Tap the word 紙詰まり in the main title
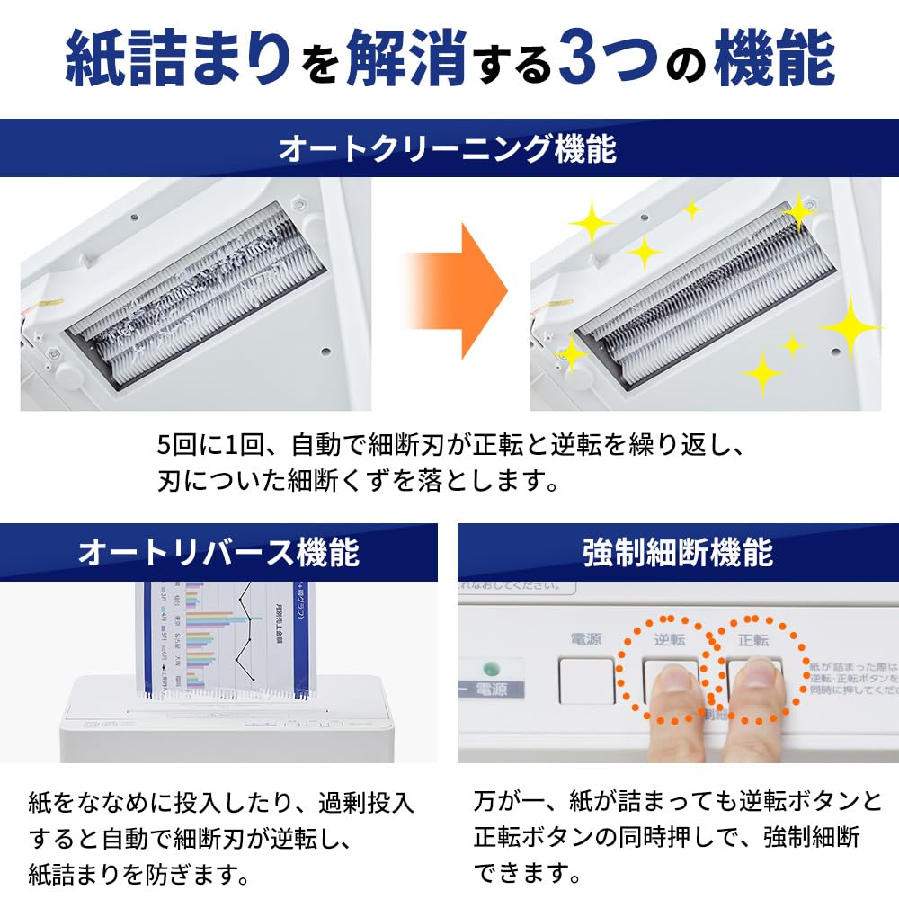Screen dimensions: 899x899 [x=179, y=60]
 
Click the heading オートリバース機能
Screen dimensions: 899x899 [x=218, y=552]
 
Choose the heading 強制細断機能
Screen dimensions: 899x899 [x=678, y=552]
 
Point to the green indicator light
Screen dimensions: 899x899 [x=490, y=670]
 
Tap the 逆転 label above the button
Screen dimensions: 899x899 [x=671, y=640]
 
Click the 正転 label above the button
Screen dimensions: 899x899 [x=753, y=640]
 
